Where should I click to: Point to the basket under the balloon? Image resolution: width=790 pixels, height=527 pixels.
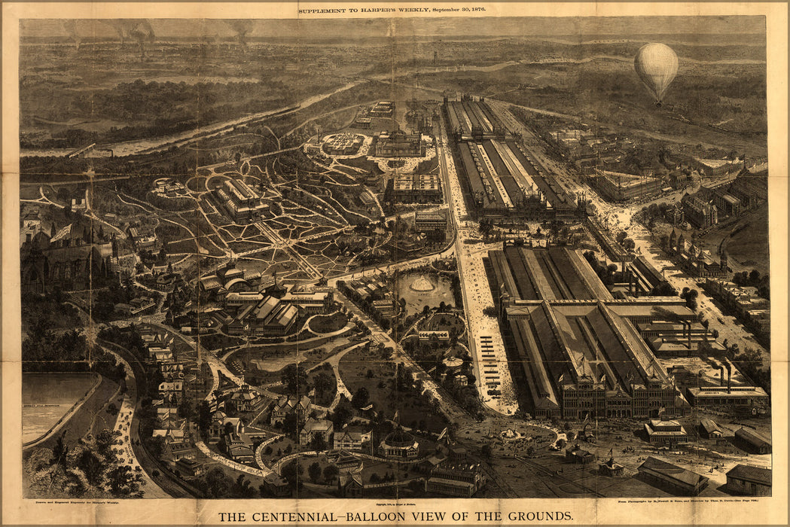click(x=658, y=102)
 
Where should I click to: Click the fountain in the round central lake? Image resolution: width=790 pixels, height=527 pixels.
click(x=421, y=285)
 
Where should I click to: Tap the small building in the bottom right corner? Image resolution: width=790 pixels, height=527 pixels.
click(x=748, y=479)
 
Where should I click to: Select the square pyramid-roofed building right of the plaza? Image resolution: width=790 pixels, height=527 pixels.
click(x=664, y=430)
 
